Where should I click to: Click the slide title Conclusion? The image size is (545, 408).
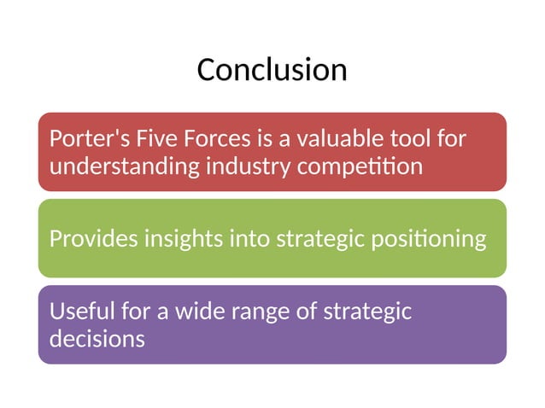[272, 69]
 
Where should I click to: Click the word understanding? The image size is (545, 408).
[124, 166]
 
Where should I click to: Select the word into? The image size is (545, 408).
[250, 238]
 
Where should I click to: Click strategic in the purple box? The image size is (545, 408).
[367, 311]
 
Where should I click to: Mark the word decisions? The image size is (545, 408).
[97, 339]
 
